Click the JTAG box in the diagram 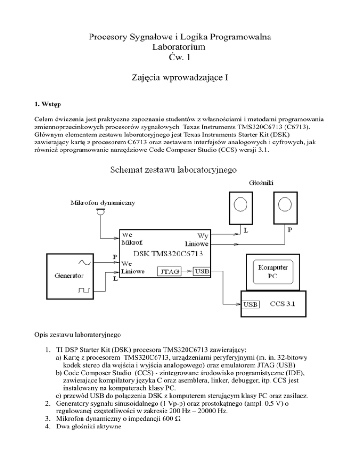(x=168, y=271)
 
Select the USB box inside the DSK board (x=202, y=271)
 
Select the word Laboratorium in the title (x=180, y=47)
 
